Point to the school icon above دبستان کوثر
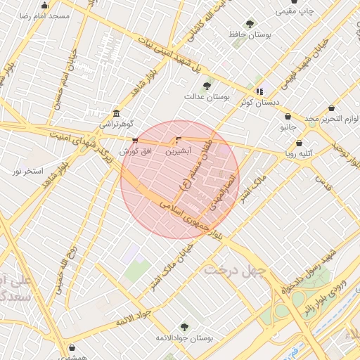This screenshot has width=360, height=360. (259, 91)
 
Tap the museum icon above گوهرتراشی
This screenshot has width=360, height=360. (116, 114)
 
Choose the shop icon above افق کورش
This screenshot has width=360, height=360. (135, 141)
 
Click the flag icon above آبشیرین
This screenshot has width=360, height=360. (177, 141)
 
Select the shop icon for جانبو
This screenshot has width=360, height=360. (288, 117)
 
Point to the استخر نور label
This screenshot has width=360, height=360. (28, 171)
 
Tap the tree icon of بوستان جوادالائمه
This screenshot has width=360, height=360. (185, 326)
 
